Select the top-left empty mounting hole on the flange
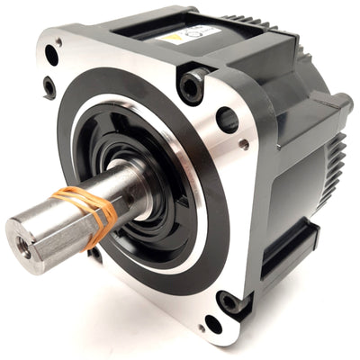click(51, 57)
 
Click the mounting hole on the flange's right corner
click(228, 119)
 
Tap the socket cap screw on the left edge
click(48, 86)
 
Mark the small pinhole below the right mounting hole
click(244, 144)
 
